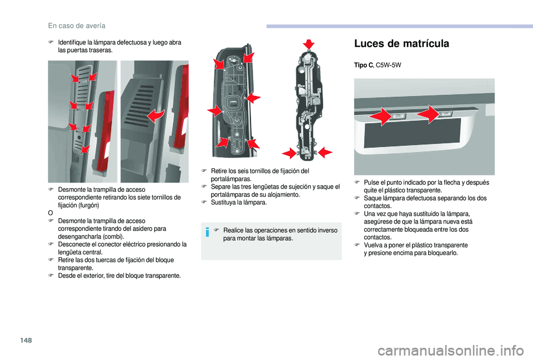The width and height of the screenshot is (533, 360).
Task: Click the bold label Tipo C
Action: click(x=363, y=65)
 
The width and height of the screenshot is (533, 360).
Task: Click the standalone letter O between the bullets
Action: click(x=50, y=212)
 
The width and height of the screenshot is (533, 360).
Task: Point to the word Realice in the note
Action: click(x=234, y=231)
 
